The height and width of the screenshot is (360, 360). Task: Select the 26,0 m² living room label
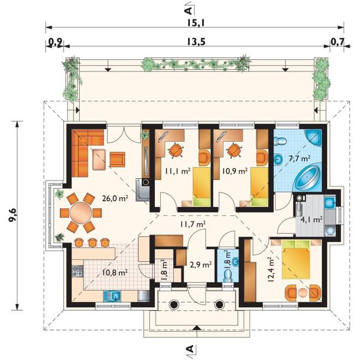coord(115,199)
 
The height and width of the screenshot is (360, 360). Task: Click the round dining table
coord(81,212)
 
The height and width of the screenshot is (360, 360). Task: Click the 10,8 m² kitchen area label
coord(115,273)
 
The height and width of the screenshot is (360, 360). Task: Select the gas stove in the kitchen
coord(77,271)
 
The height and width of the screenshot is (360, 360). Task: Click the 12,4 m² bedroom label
coord(271,269)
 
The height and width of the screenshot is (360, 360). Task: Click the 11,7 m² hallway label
coord(193,224)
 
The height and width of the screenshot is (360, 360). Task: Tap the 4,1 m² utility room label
coord(312,219)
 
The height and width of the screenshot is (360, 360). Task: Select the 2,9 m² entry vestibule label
coord(201,265)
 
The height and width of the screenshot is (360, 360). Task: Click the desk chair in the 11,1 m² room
coord(176,150)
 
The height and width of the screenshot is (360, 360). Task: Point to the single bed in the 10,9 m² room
coord(259,186)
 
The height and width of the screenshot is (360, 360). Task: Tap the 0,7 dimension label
coord(338,41)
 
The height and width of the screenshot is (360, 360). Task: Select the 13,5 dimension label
coord(196,42)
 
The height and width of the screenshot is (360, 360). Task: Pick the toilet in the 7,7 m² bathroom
coord(280,141)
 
